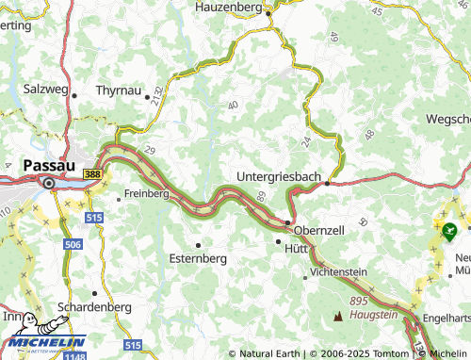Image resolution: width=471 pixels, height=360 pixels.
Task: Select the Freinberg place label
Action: coord(146,195)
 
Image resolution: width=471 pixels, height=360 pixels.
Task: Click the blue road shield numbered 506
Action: coord(73,243)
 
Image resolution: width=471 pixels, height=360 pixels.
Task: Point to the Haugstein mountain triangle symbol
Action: coord(339,316)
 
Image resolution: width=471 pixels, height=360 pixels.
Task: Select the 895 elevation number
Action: coord(358,300)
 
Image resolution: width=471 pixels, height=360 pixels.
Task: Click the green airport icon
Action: coord(447,228)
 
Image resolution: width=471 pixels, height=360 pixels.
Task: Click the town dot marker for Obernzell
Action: coord(287,222)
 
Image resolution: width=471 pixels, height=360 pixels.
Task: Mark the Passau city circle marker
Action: coord(48,183)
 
